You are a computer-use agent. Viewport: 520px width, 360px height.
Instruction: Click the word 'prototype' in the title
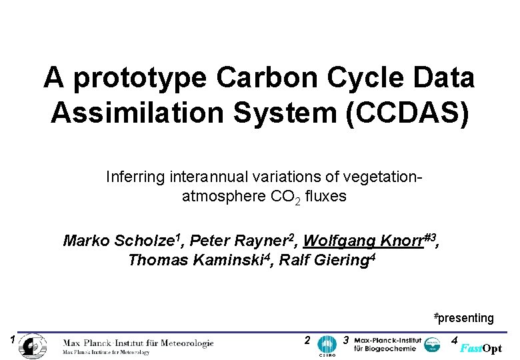(x=139, y=79)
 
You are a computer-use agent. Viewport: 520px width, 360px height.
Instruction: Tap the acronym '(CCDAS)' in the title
(x=417, y=112)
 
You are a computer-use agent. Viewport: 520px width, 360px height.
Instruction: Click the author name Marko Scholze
(x=120, y=241)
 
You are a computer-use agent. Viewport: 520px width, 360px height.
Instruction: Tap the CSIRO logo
(x=327, y=345)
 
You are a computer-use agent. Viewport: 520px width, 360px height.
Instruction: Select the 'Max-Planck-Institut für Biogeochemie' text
(x=387, y=344)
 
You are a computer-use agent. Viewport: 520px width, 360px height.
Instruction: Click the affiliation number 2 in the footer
(x=306, y=340)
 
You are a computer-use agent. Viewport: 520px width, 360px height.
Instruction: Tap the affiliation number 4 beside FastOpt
(x=454, y=340)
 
